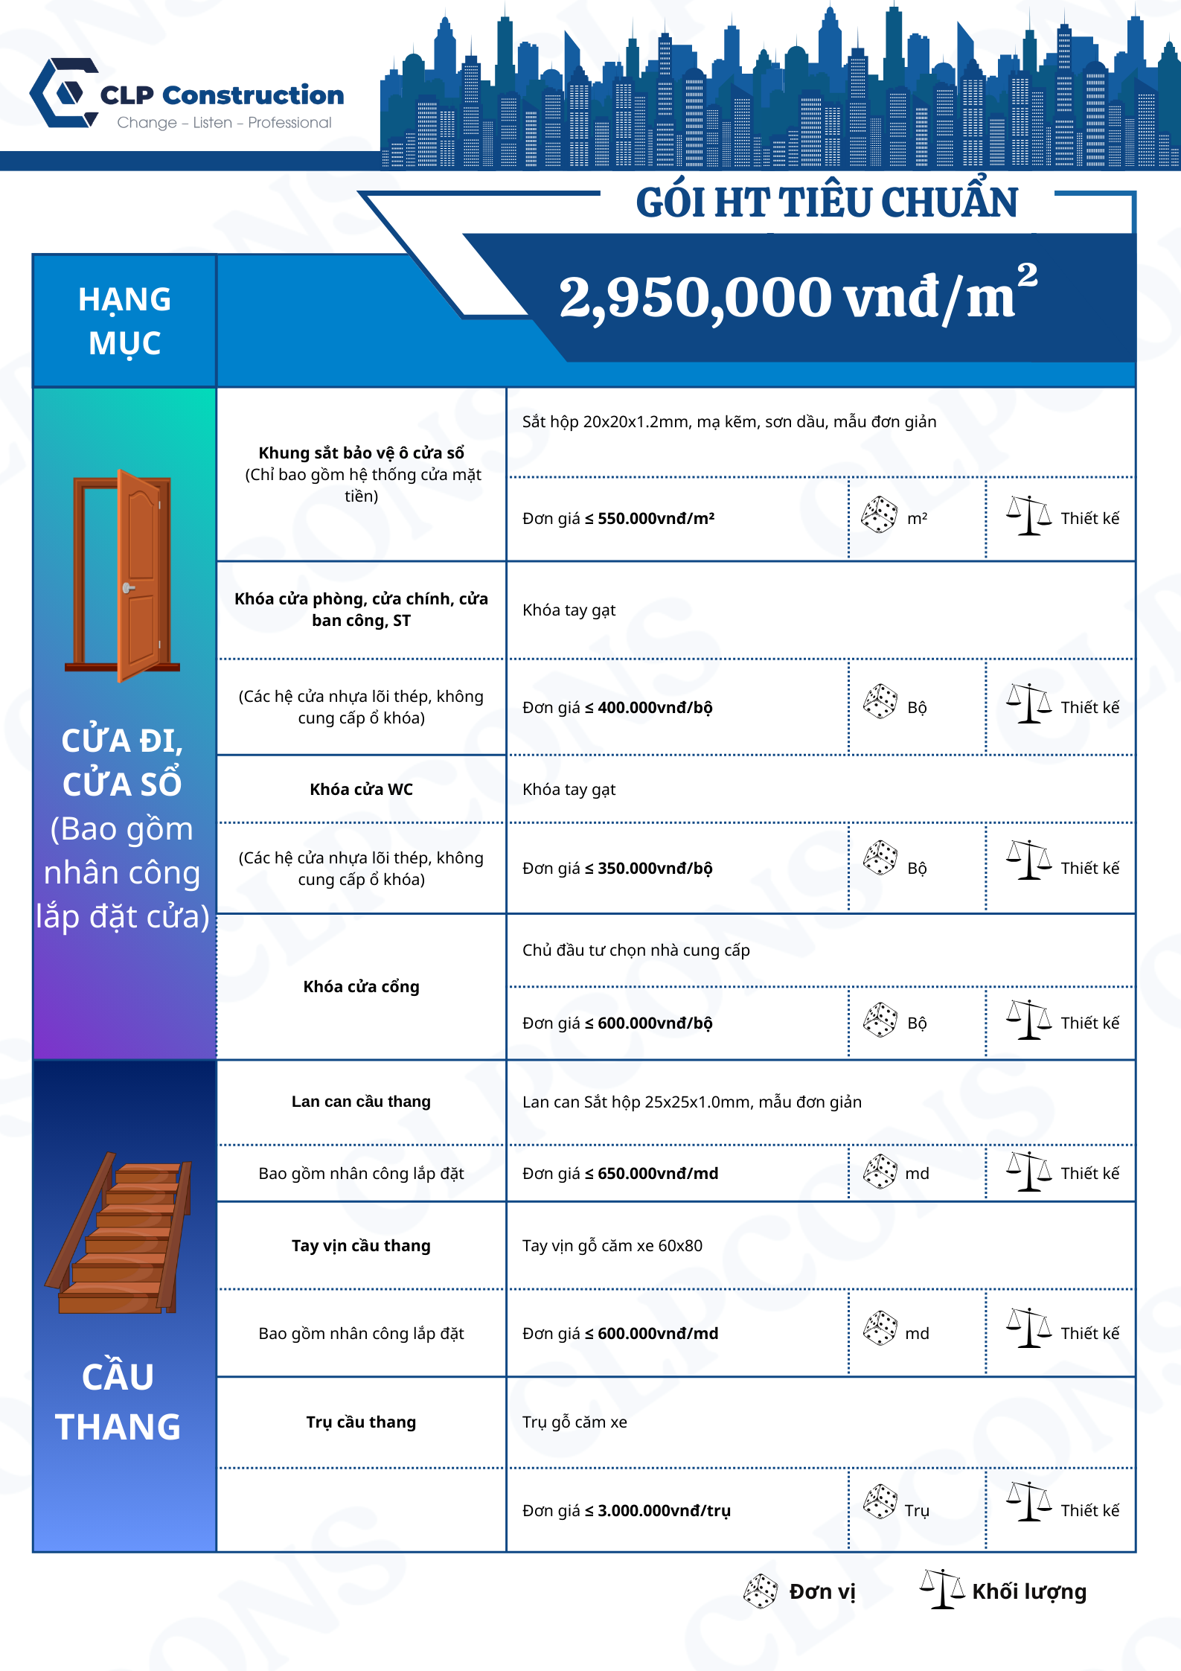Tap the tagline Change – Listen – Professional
(x=224, y=123)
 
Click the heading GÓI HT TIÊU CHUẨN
(x=826, y=202)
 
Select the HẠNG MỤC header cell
(x=124, y=321)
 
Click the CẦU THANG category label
(x=118, y=1402)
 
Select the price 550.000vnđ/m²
(x=656, y=519)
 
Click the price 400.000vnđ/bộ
(x=655, y=708)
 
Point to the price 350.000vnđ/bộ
(x=655, y=869)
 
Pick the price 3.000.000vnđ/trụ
(x=664, y=1510)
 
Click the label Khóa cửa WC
(x=361, y=790)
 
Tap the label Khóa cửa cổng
(x=361, y=987)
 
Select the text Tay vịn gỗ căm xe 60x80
(x=612, y=1246)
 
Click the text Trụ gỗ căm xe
(x=575, y=1422)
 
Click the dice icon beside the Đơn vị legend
(x=761, y=1591)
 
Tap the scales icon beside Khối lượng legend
(x=941, y=1589)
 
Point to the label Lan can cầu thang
(x=361, y=1102)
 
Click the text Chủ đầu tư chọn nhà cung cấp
(x=636, y=950)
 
